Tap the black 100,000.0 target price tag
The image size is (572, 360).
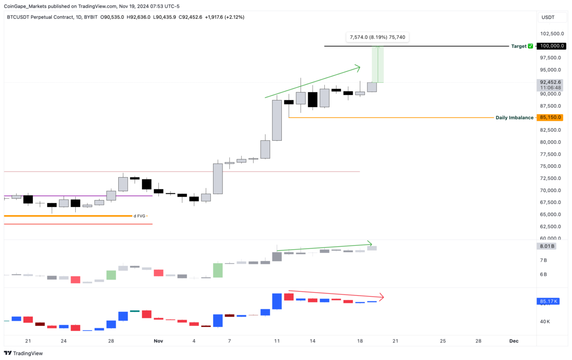click(551, 46)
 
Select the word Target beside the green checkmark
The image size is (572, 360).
click(518, 46)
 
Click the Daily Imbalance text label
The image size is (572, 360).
click(514, 118)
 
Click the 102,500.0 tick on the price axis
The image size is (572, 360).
click(551, 34)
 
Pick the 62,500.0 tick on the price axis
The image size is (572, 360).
click(551, 226)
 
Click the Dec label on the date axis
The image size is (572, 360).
click(514, 341)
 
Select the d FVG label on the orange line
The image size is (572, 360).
click(139, 216)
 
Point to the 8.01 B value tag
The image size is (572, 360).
click(547, 246)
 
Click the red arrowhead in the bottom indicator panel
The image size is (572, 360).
click(381, 296)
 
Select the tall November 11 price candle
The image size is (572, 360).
click(277, 120)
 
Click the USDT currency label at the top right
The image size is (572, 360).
click(547, 17)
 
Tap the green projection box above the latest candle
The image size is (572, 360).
click(378, 65)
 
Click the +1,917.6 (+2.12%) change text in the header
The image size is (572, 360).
click(224, 17)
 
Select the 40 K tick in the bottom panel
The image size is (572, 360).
click(544, 322)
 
